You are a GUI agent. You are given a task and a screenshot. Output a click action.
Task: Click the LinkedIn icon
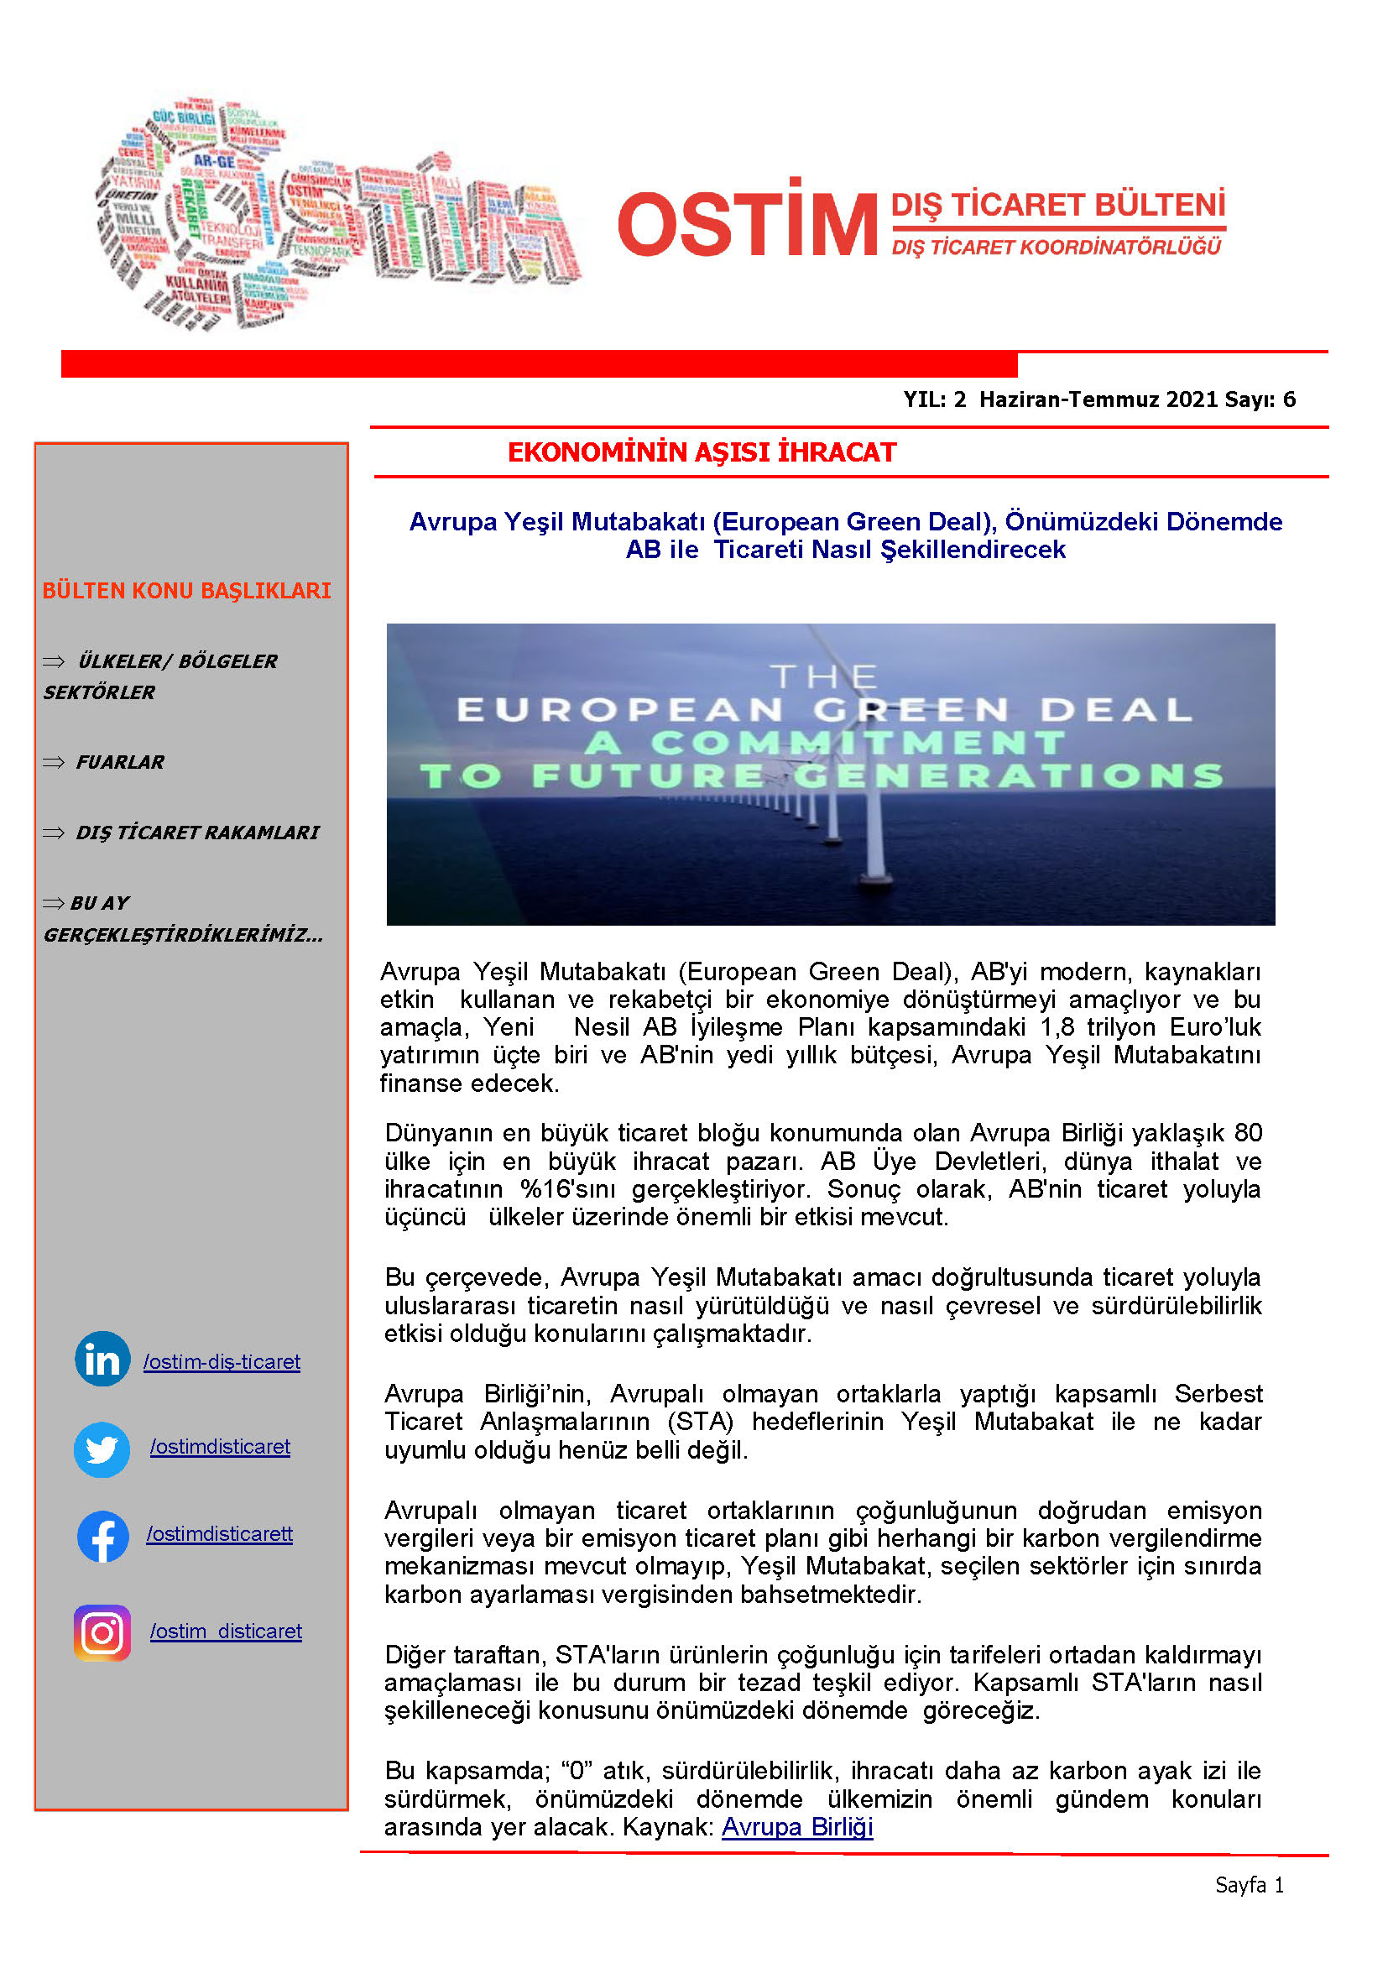click(x=102, y=1359)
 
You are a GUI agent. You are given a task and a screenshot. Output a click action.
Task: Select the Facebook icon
click(x=102, y=1537)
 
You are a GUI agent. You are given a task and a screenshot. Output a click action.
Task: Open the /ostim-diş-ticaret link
click(x=222, y=1362)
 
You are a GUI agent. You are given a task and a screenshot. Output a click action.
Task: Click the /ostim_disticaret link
click(x=226, y=1631)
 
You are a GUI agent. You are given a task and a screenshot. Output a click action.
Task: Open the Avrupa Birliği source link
click(x=796, y=1827)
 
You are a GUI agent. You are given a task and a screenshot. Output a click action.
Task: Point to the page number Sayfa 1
click(x=1249, y=1885)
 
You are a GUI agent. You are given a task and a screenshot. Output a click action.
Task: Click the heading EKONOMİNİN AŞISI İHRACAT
click(x=702, y=452)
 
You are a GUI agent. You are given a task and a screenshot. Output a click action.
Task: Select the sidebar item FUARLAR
click(x=120, y=762)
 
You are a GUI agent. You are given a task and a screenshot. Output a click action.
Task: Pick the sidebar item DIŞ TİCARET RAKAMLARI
click(x=197, y=832)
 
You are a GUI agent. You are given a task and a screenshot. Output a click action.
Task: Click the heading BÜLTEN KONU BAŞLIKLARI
click(x=186, y=591)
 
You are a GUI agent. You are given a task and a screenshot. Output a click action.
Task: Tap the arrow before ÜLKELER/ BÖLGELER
click(x=54, y=660)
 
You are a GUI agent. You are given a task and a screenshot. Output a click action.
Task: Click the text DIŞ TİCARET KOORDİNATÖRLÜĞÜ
click(x=1057, y=248)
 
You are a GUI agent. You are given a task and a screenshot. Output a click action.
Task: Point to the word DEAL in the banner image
click(x=1115, y=710)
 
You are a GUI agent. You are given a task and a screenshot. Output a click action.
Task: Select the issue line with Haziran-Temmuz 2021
click(x=1099, y=399)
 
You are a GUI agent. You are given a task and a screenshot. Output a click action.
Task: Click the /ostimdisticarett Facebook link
click(x=220, y=1534)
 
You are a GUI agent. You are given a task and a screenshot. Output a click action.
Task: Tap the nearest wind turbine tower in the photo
click(x=875, y=847)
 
